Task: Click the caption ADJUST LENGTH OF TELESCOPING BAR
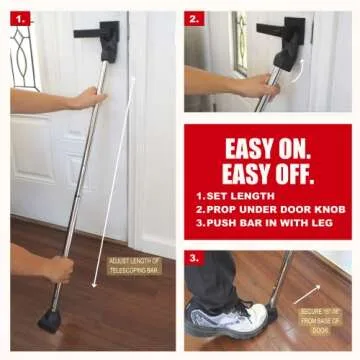tap(133, 265)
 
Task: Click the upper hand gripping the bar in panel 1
tap(86, 98)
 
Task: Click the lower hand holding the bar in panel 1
tap(56, 267)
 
